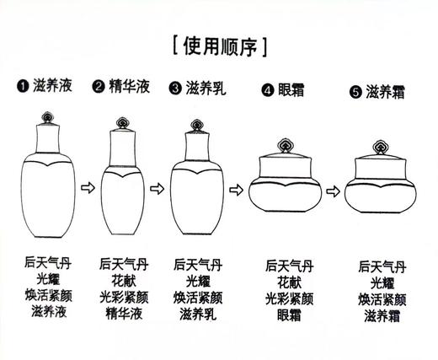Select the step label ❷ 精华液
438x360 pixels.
(x=125, y=86)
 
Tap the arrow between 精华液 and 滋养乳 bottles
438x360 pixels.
(x=160, y=190)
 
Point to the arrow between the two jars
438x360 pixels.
(x=332, y=190)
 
